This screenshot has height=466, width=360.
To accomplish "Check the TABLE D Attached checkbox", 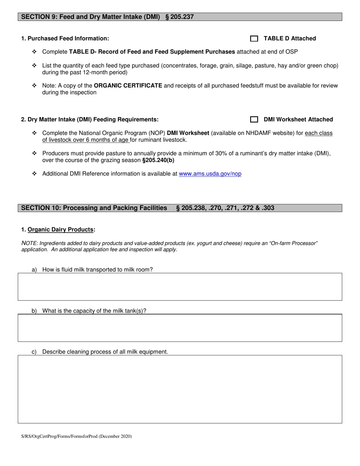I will [254, 39].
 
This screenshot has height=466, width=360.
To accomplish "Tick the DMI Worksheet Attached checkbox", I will [254, 120].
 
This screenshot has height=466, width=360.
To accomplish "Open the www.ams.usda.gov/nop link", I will [210, 174].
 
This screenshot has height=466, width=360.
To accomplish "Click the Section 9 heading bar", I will [180, 17].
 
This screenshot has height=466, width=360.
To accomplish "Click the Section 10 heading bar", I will [180, 208].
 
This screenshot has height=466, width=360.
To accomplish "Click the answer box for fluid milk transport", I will [180, 287].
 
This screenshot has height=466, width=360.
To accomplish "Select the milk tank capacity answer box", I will [180, 328].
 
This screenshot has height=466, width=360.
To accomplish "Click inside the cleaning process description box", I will [180, 389].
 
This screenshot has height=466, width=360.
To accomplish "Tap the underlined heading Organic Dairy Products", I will [61, 230].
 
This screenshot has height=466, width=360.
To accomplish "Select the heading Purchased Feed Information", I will [65, 39].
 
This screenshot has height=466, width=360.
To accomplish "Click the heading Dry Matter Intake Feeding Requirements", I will [90, 120].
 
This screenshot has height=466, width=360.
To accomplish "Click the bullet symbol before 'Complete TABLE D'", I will [34, 52].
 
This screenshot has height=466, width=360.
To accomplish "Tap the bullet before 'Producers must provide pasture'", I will [34, 153].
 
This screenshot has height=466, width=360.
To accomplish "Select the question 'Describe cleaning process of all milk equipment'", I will [105, 352].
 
